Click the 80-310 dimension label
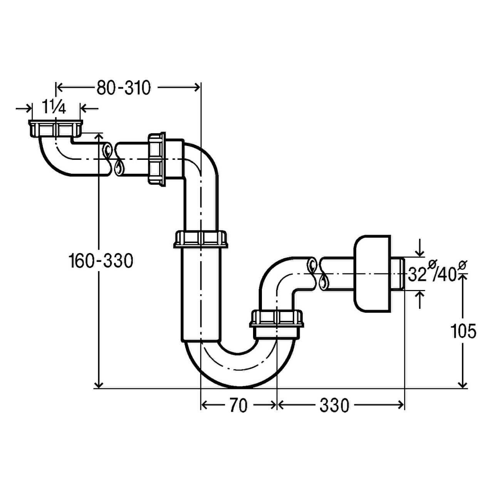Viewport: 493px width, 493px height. click(123, 88)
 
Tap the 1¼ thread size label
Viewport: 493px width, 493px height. click(54, 108)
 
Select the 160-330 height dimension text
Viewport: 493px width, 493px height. click(101, 261)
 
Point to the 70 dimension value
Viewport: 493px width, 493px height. click(238, 405)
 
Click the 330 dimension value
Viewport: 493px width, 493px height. click(334, 405)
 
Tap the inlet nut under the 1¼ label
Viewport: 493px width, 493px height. click(55, 128)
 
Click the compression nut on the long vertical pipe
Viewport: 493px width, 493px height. click(201, 239)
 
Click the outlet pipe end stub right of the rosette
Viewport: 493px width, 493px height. click(399, 274)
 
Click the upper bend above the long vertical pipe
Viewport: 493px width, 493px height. click(200, 162)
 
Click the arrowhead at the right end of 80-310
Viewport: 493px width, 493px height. click(197, 88)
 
